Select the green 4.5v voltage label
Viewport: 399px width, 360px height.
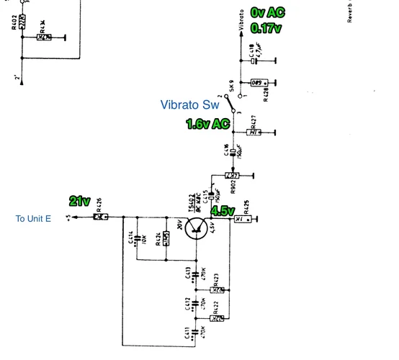click(223, 211)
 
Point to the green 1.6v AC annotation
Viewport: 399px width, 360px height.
click(207, 124)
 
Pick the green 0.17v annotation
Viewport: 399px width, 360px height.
click(265, 28)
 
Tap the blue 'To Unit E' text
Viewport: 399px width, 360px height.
click(33, 217)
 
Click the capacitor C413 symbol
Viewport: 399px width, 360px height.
click(196, 274)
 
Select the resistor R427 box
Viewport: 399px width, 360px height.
click(253, 132)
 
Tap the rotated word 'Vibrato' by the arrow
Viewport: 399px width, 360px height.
click(240, 21)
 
